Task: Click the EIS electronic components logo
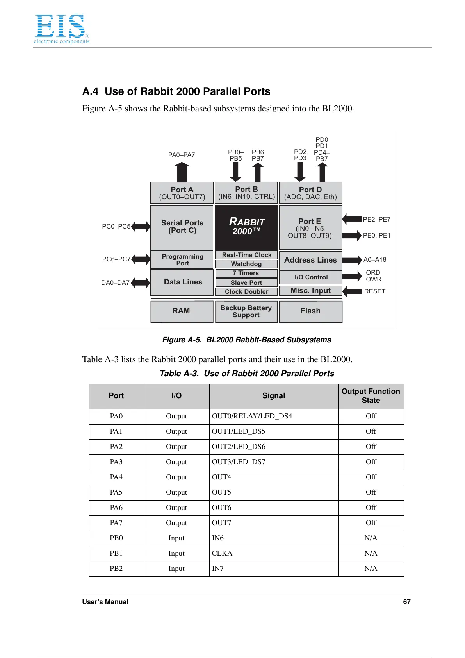pos(61,29)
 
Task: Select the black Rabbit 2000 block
pos(246,227)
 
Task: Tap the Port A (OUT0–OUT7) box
pos(182,193)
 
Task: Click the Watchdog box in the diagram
pos(246,264)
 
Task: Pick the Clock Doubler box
pos(246,291)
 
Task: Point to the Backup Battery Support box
pos(246,311)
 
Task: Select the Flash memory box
pos(310,311)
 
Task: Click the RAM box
pos(182,311)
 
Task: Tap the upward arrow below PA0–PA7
pos(182,172)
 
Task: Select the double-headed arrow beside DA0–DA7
pos(141,283)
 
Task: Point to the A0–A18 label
pos(375,260)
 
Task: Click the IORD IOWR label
pos(372,276)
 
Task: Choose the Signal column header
pos(274,396)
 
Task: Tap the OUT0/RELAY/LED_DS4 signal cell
pos(252,416)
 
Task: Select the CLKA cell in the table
pos(222,553)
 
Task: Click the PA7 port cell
pos(116,523)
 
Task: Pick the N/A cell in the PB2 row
pos(371,569)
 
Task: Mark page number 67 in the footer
pos(406,602)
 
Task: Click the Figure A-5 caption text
pos(246,340)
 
